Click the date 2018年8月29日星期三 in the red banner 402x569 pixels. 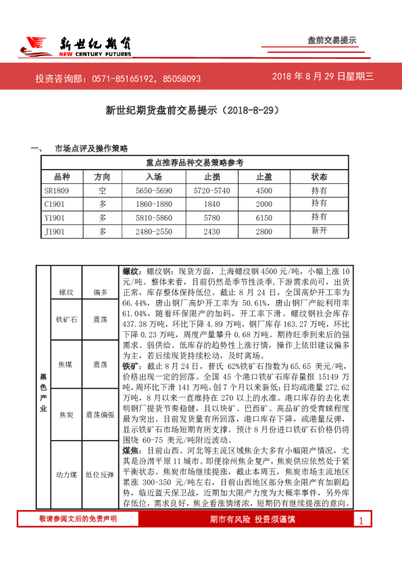click(322, 77)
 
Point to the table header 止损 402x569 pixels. click(211, 176)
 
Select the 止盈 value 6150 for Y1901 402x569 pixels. click(263, 218)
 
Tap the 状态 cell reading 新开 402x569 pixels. click(319, 231)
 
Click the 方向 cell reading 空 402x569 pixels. click(103, 191)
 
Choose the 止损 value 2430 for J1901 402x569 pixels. click(211, 231)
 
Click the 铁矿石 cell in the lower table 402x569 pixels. click(66, 318)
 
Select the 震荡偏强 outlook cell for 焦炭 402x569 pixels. click(101, 414)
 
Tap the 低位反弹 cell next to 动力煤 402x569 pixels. click(101, 475)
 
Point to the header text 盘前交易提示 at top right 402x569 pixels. click(331, 41)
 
